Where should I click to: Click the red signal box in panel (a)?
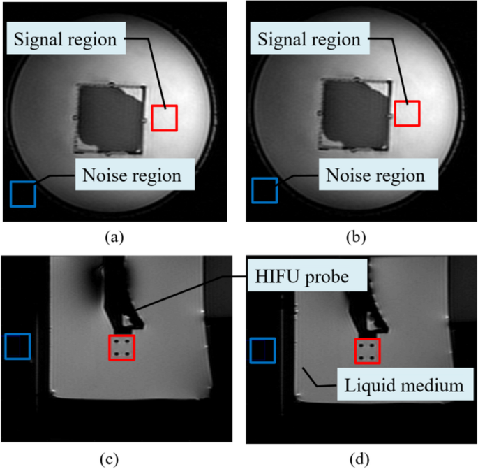(x=165, y=117)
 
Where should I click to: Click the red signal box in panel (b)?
(x=407, y=113)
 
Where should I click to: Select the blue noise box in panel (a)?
(x=23, y=194)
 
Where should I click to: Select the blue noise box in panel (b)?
(x=264, y=190)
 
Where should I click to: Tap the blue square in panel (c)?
(x=17, y=347)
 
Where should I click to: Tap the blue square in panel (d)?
(x=263, y=350)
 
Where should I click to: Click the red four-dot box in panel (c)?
(x=121, y=347)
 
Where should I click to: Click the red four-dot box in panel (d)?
(x=367, y=351)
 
